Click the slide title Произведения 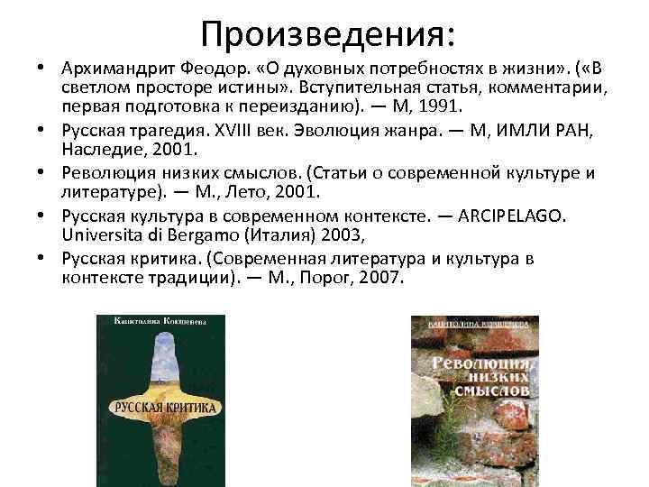pyautogui.click(x=328, y=34)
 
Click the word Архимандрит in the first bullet pyautogui.click(x=114, y=69)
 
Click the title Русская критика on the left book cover pyautogui.click(x=165, y=407)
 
